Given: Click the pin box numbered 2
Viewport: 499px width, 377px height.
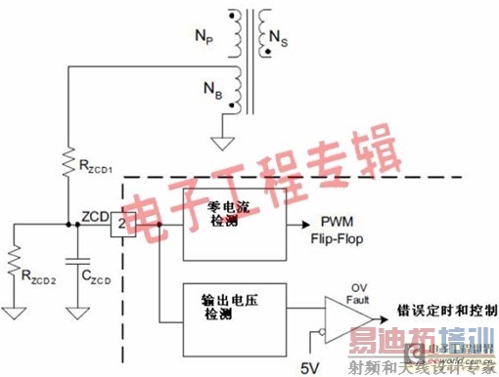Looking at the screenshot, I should point(117,225).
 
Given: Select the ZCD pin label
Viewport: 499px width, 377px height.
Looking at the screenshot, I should point(95,214).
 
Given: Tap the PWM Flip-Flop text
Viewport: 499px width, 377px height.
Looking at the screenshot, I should point(338,230).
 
